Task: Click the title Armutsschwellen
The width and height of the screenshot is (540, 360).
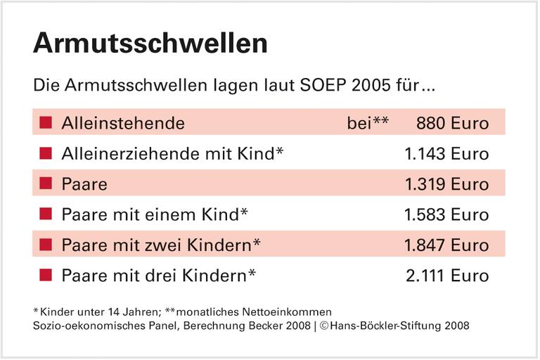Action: coord(150,44)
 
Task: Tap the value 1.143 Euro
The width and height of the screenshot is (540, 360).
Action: coord(446,153)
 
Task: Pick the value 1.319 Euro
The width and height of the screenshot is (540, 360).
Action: coord(446,184)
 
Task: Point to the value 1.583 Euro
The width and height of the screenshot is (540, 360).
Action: coord(446,214)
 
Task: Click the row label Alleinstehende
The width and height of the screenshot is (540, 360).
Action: coord(123,123)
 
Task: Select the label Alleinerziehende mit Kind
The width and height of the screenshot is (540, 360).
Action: coord(172,153)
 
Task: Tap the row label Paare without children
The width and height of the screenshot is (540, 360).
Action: coord(84,184)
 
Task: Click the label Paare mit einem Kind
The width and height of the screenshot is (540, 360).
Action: coord(155,214)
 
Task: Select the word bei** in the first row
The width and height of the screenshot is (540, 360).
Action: coord(368,123)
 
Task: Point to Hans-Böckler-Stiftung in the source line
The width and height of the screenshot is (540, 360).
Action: coord(397,326)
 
